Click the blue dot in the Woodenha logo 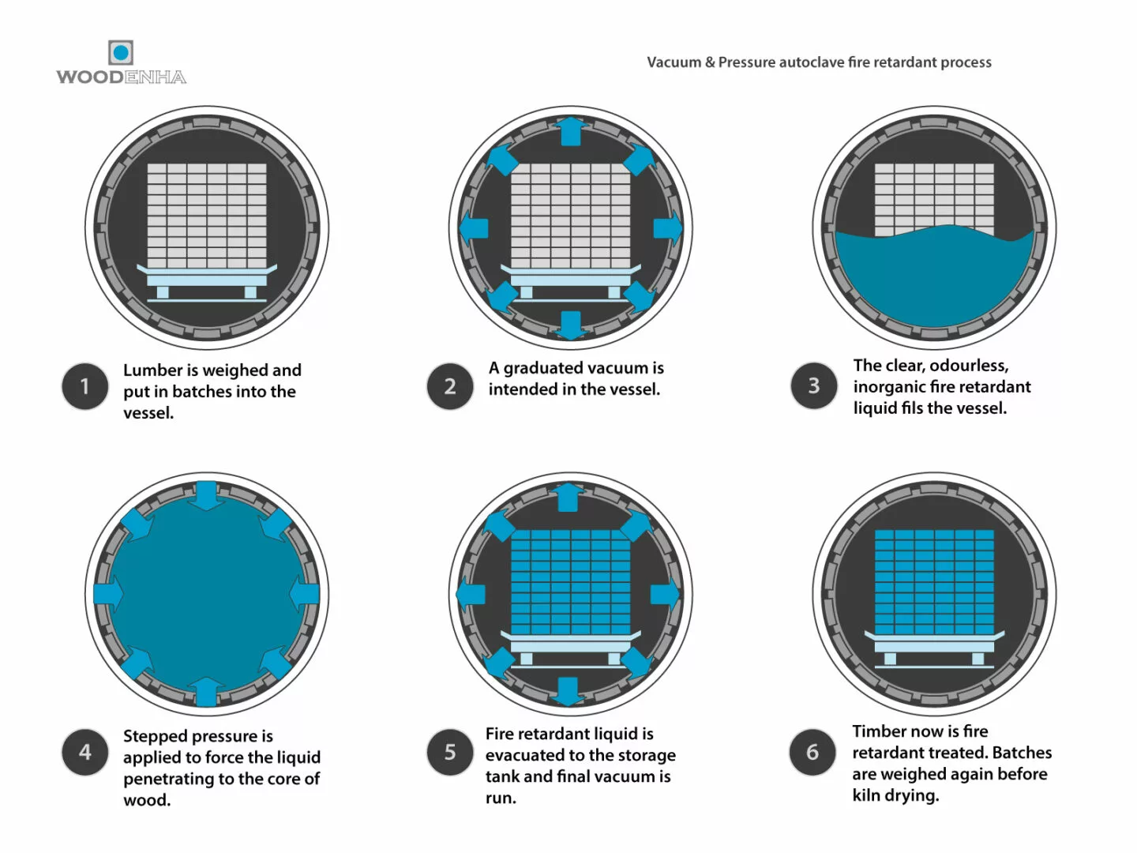(121, 53)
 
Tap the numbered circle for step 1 (85, 386)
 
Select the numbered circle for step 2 (450, 386)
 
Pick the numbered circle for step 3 (813, 385)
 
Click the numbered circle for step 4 (85, 752)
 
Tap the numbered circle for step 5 (450, 752)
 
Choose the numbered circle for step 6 (812, 752)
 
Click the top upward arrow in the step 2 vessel (570, 131)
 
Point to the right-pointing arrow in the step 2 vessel (667, 228)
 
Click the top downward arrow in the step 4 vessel (207, 495)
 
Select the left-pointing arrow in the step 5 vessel (471, 594)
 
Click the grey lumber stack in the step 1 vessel (207, 215)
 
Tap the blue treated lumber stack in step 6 (934, 581)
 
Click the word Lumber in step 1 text (152, 370)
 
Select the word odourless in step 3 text (969, 365)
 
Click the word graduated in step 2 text (544, 367)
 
